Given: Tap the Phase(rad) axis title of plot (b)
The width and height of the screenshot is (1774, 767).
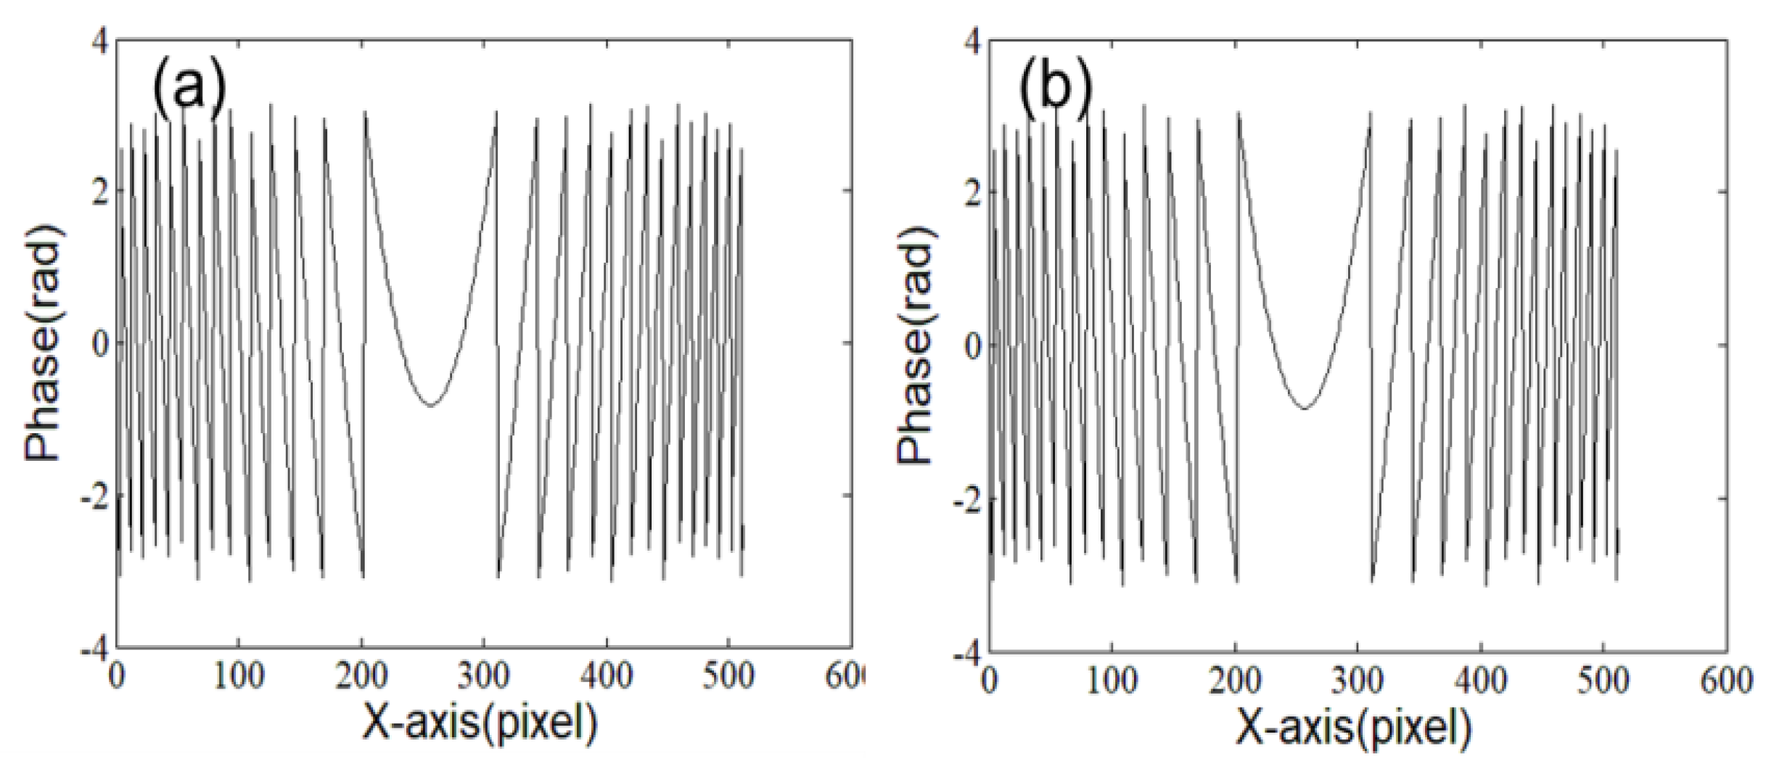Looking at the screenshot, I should pyautogui.click(x=916, y=344).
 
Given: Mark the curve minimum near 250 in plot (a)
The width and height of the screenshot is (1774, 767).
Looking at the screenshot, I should pyautogui.click(x=431, y=405).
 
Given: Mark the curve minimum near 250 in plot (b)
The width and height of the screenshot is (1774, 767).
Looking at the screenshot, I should pyautogui.click(x=1305, y=409).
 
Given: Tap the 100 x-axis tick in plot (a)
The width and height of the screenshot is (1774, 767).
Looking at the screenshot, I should pyautogui.click(x=239, y=676).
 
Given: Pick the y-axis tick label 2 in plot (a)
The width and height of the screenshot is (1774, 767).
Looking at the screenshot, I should pyautogui.click(x=99, y=190).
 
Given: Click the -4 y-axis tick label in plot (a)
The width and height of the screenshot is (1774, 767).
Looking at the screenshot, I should pyautogui.click(x=94, y=648).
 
